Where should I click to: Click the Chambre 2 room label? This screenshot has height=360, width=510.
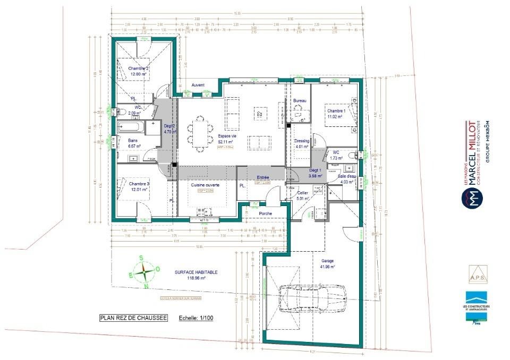coord(138,68)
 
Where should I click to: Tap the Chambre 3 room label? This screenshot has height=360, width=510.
coord(139,184)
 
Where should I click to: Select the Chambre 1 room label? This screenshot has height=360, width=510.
coord(336,110)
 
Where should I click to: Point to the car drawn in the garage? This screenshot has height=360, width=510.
coord(313,295)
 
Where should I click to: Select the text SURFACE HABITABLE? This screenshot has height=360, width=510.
coord(196,272)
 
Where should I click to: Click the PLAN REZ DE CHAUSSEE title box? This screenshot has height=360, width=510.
coord(133,318)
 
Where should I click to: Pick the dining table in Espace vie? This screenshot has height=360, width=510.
coord(200,134)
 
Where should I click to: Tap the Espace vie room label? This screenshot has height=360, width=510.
coord(227,135)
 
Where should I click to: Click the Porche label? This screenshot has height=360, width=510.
coord(265,213)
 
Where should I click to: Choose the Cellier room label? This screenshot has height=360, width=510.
coord(303,193)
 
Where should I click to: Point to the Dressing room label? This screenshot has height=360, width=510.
coord(302,141)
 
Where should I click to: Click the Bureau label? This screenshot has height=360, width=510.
coord(300,100)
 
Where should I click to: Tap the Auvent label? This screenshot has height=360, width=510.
coord(198,85)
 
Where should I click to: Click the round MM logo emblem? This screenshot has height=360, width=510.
coord(471,198)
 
